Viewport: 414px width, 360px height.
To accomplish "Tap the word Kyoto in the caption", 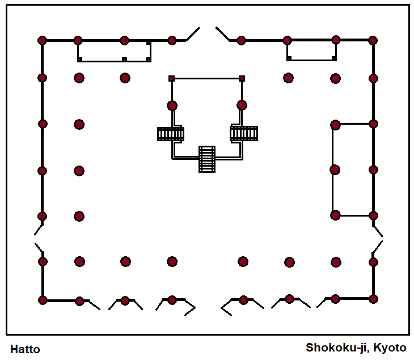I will [x=391, y=347].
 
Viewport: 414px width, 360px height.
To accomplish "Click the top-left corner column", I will [x=42, y=40].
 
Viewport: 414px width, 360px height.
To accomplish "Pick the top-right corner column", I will [x=373, y=40].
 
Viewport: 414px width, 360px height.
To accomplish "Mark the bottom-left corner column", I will [x=42, y=300].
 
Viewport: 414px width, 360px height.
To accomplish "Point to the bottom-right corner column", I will [x=373, y=299].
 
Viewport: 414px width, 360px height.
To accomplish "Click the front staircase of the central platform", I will [x=207, y=159].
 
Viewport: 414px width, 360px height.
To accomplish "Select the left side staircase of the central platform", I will [x=171, y=134].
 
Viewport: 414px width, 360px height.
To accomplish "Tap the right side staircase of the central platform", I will [x=244, y=133].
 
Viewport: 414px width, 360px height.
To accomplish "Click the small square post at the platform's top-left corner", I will [x=171, y=78].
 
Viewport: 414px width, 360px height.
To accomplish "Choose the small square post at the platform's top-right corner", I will [x=242, y=78].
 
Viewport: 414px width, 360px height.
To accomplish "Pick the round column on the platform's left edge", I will [x=172, y=105].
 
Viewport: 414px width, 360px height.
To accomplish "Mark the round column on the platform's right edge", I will [x=242, y=105].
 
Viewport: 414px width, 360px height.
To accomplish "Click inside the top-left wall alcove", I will [x=113, y=50].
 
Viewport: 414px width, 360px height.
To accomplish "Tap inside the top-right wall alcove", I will [x=311, y=50].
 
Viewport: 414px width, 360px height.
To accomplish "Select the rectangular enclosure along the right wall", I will [x=353, y=170].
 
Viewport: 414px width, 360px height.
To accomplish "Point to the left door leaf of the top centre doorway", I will [x=193, y=34].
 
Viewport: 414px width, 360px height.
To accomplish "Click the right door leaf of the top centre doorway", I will [x=222, y=34].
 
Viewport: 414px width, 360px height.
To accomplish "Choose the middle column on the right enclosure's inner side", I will [x=335, y=170].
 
